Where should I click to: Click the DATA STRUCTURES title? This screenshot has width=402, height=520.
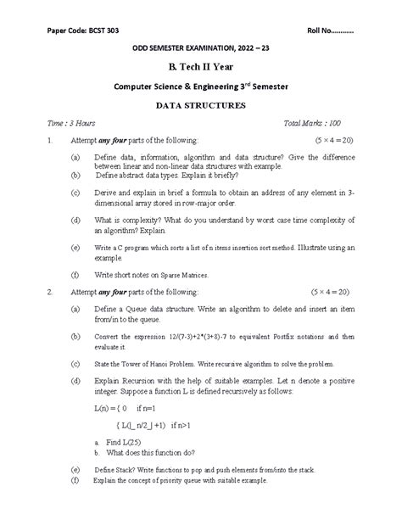tap(200, 106)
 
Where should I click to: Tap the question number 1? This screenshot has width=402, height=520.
tap(52, 138)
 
